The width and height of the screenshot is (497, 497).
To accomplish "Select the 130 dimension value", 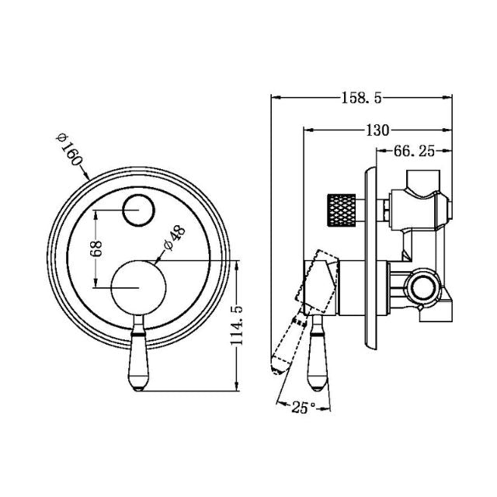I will [x=374, y=129].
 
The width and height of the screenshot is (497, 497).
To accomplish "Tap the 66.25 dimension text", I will [x=413, y=151].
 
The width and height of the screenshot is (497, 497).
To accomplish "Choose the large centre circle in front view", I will [x=140, y=288].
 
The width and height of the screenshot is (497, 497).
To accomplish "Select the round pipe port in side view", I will [x=424, y=287].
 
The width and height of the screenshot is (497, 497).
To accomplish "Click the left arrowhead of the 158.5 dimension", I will [x=273, y=98].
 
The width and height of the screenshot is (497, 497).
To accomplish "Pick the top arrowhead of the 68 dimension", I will [x=96, y=213].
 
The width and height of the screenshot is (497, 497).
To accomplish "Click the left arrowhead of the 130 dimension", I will [x=304, y=129].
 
